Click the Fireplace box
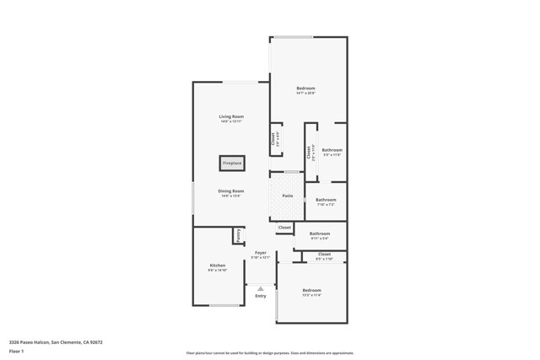(x=232, y=163)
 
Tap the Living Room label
(x=231, y=116)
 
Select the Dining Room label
(x=231, y=191)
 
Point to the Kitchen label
(x=218, y=266)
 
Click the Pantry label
(x=239, y=235)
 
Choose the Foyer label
(x=261, y=252)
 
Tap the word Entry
(x=261, y=296)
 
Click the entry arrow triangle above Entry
(x=261, y=288)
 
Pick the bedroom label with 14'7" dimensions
(x=305, y=89)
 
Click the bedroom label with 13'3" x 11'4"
(x=311, y=291)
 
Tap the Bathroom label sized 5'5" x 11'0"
(x=332, y=150)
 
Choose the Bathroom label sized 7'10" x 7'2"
(x=326, y=200)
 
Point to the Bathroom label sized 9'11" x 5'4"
(x=320, y=234)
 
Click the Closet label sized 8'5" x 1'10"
(x=324, y=254)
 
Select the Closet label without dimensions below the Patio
(x=284, y=227)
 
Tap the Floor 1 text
(x=16, y=352)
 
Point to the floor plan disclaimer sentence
(x=269, y=352)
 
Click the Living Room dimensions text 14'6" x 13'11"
(x=231, y=121)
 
